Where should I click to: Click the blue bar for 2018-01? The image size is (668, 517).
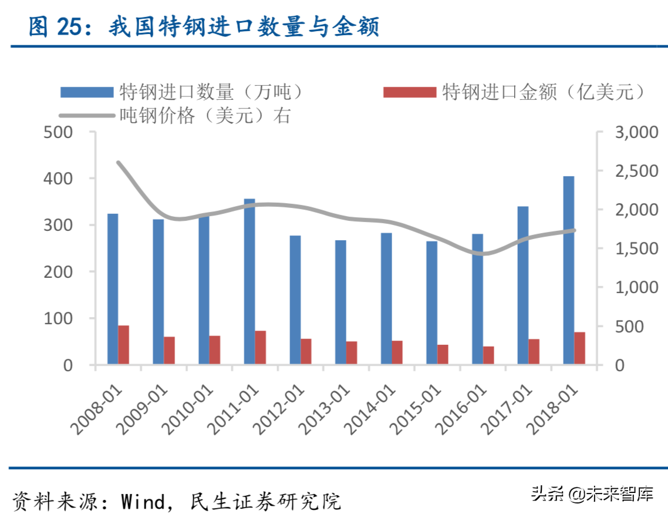(x=568, y=270)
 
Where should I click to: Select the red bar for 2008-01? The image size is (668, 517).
(x=123, y=345)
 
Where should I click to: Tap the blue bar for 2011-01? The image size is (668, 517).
(x=249, y=282)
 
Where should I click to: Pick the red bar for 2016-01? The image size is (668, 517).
(x=488, y=355)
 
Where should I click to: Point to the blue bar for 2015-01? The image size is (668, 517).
(x=432, y=303)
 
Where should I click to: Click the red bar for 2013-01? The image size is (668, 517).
(x=352, y=352)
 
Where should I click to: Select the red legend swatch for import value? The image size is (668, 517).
(x=409, y=92)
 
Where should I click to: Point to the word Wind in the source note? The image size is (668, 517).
(x=143, y=502)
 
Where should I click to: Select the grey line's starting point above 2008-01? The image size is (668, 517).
(x=118, y=162)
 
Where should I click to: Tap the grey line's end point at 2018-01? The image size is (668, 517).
(x=574, y=230)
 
